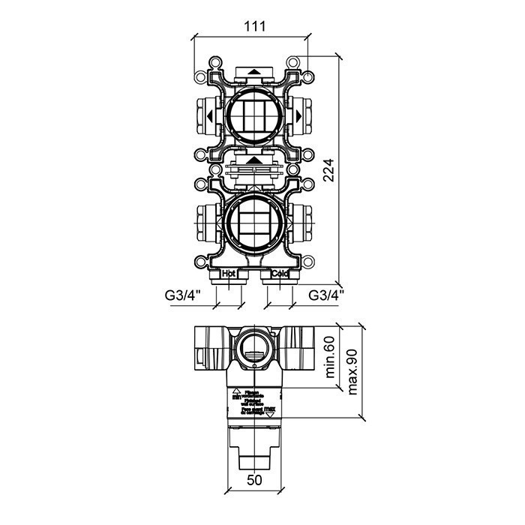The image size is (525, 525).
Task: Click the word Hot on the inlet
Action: (229, 274)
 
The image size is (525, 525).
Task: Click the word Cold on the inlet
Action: (279, 274)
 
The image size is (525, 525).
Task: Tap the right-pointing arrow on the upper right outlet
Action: (298, 116)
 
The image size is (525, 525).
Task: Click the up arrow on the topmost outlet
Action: (255, 73)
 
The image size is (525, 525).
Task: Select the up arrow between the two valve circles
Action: (255, 160)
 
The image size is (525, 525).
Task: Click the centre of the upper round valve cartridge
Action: (255, 116)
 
